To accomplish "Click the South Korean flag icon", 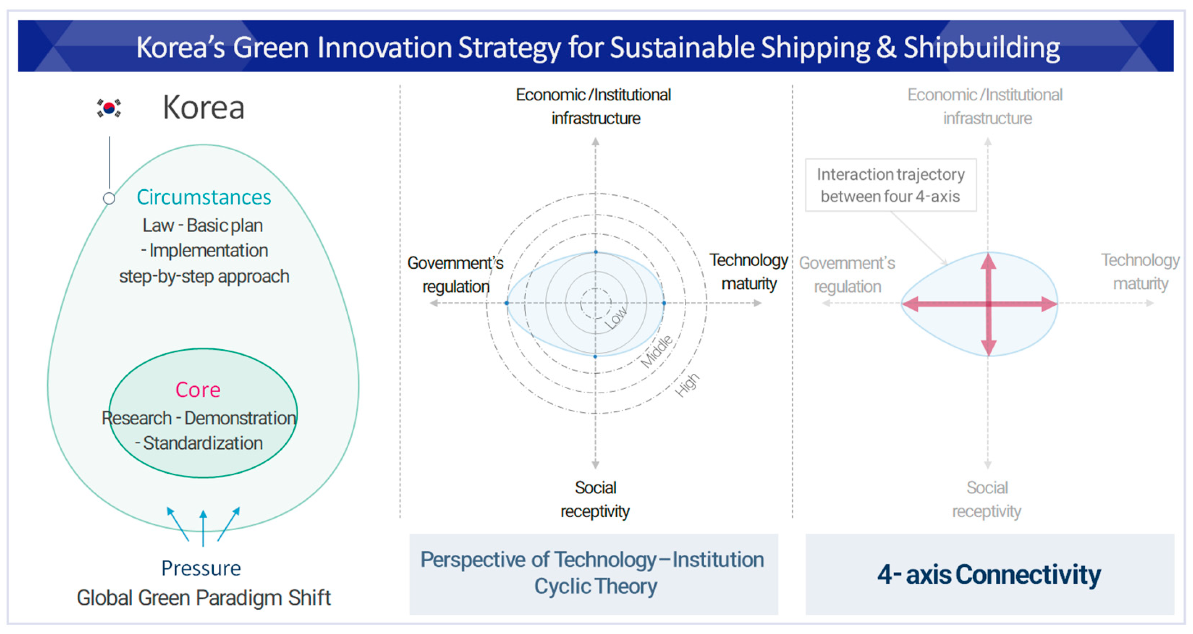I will [x=109, y=108].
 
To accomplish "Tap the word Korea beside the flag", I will [x=204, y=108].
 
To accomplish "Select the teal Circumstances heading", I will [x=204, y=197].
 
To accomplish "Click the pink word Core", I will [x=198, y=390].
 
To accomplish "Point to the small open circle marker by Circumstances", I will [x=109, y=198].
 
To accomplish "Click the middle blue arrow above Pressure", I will [x=203, y=528].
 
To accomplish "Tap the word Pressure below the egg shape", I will [x=201, y=568].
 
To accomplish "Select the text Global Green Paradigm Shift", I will [x=204, y=598].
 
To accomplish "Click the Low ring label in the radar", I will [x=616, y=318].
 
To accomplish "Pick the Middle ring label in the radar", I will [x=657, y=351].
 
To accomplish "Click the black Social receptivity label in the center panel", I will [x=595, y=499].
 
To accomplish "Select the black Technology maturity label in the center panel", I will [x=749, y=272].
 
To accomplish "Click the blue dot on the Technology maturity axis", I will [x=664, y=303].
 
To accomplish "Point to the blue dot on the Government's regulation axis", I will [x=507, y=303].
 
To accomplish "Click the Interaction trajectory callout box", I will [x=890, y=185].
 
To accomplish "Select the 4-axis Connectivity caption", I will [x=989, y=575].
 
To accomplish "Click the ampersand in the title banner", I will [x=886, y=48].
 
